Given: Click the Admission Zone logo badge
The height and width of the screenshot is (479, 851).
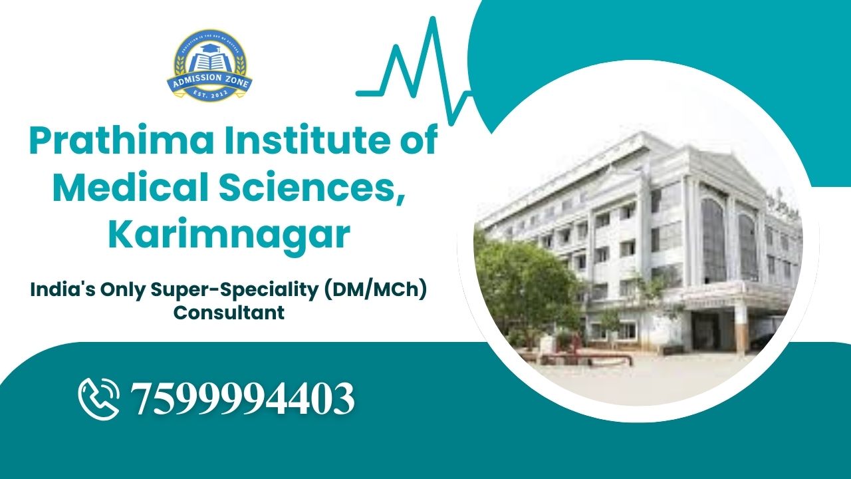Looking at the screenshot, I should click(x=209, y=65).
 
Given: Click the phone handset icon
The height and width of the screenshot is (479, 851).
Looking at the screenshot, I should click(x=99, y=398).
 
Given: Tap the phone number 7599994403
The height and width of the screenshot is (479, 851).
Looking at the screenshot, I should click(x=243, y=399).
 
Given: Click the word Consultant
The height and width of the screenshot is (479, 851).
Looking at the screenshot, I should click(x=229, y=311).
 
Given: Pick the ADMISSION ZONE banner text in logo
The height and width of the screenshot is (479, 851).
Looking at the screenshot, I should click(x=209, y=82).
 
